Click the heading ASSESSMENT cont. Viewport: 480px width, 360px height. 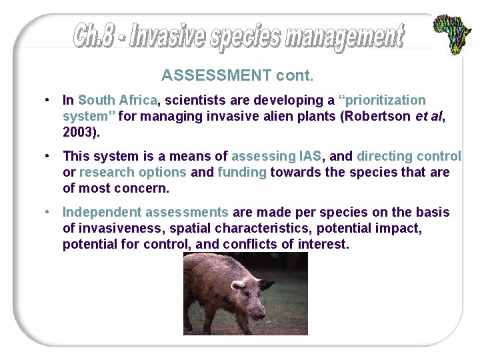pos(237,75)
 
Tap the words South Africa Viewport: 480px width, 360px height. pos(117,101)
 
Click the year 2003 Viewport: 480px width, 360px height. pos(79,133)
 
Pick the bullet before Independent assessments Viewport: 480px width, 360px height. pos(48,213)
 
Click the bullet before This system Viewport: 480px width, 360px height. pos(48,157)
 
